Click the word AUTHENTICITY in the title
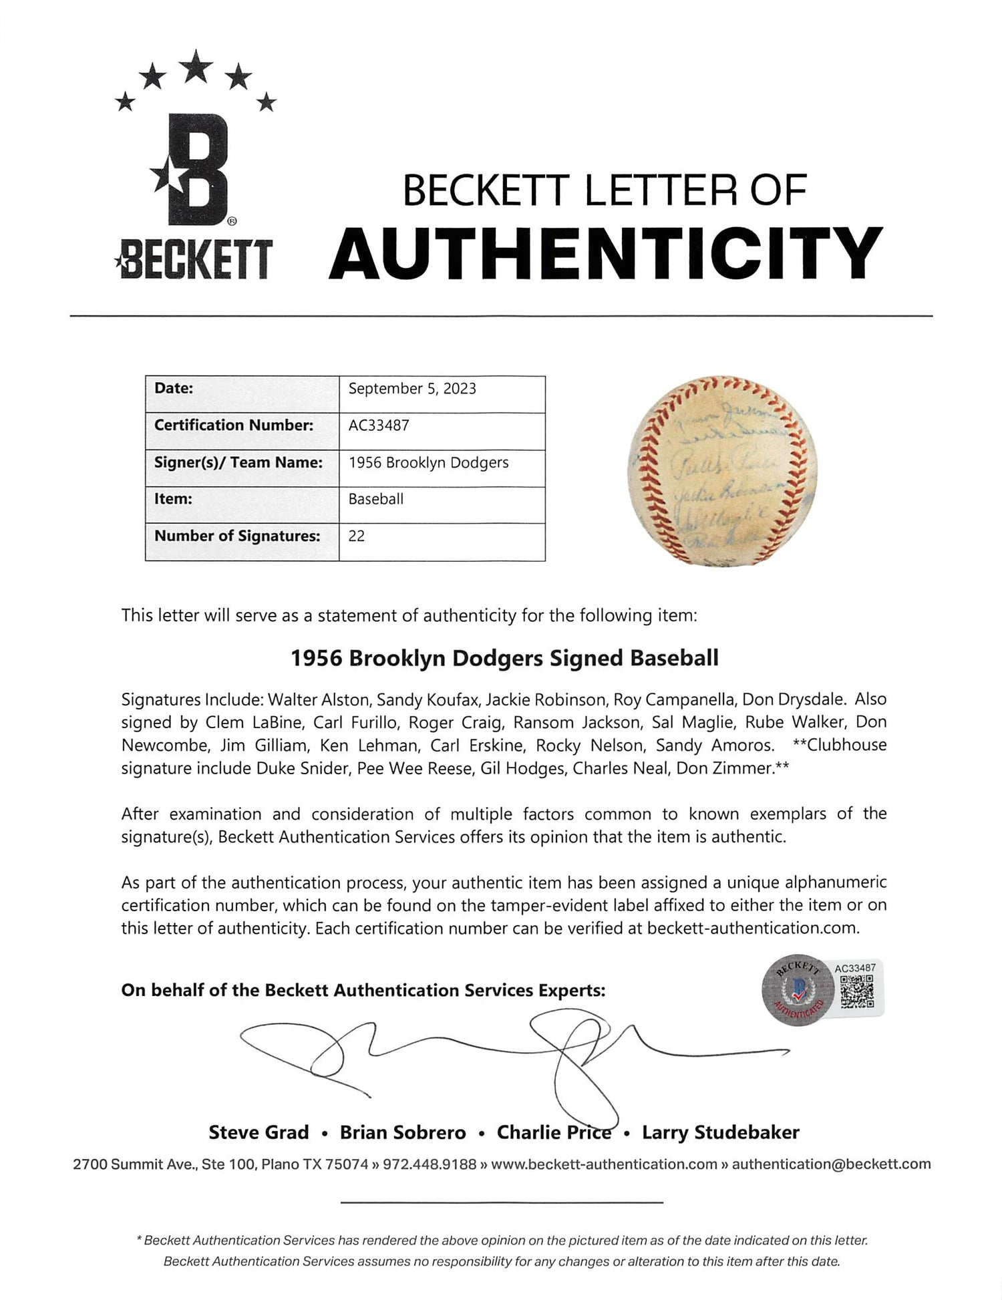click(x=606, y=255)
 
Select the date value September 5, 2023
click(x=412, y=389)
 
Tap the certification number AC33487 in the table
click(x=379, y=426)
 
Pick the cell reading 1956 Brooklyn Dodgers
click(x=428, y=462)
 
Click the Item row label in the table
click(x=174, y=499)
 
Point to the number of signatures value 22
click(x=357, y=536)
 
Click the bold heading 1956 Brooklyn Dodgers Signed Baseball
click(x=504, y=659)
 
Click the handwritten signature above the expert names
click(x=508, y=1059)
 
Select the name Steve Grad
click(x=259, y=1132)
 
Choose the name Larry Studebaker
click(x=720, y=1132)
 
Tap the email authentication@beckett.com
click(x=831, y=1164)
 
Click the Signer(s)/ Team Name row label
click(x=238, y=462)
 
